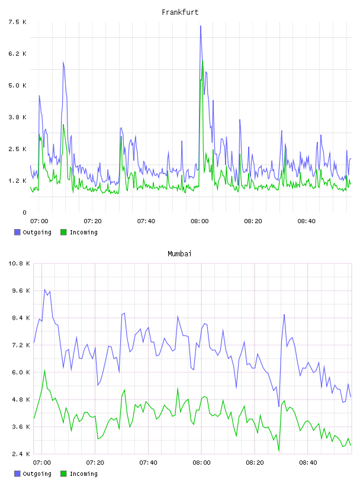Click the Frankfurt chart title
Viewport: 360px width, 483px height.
pos(180,12)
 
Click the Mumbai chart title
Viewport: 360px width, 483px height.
pos(179,254)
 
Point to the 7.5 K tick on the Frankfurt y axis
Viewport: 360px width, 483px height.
pos(17,22)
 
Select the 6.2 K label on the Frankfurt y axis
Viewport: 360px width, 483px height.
pos(17,54)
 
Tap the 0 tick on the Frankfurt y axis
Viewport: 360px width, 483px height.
pos(24,212)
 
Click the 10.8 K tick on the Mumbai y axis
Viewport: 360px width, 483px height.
pos(19,263)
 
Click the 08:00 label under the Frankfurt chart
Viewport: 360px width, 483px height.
pos(200,221)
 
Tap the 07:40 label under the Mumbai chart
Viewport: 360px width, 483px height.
pos(148,463)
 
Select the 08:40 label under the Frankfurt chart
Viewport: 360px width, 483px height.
pos(307,221)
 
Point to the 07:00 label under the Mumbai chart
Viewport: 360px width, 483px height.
pos(42,463)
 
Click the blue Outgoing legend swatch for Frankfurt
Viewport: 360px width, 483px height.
pos(17,232)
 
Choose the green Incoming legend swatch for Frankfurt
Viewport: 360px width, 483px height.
pos(63,232)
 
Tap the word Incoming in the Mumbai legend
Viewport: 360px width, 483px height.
pos(83,474)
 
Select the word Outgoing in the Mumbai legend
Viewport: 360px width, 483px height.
pos(37,474)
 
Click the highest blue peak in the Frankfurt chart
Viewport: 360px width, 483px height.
pos(201,26)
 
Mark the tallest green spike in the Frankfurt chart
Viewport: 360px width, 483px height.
pos(202,61)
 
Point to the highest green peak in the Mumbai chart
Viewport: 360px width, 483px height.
pos(44,371)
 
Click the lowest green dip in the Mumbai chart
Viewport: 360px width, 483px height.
pos(279,452)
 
